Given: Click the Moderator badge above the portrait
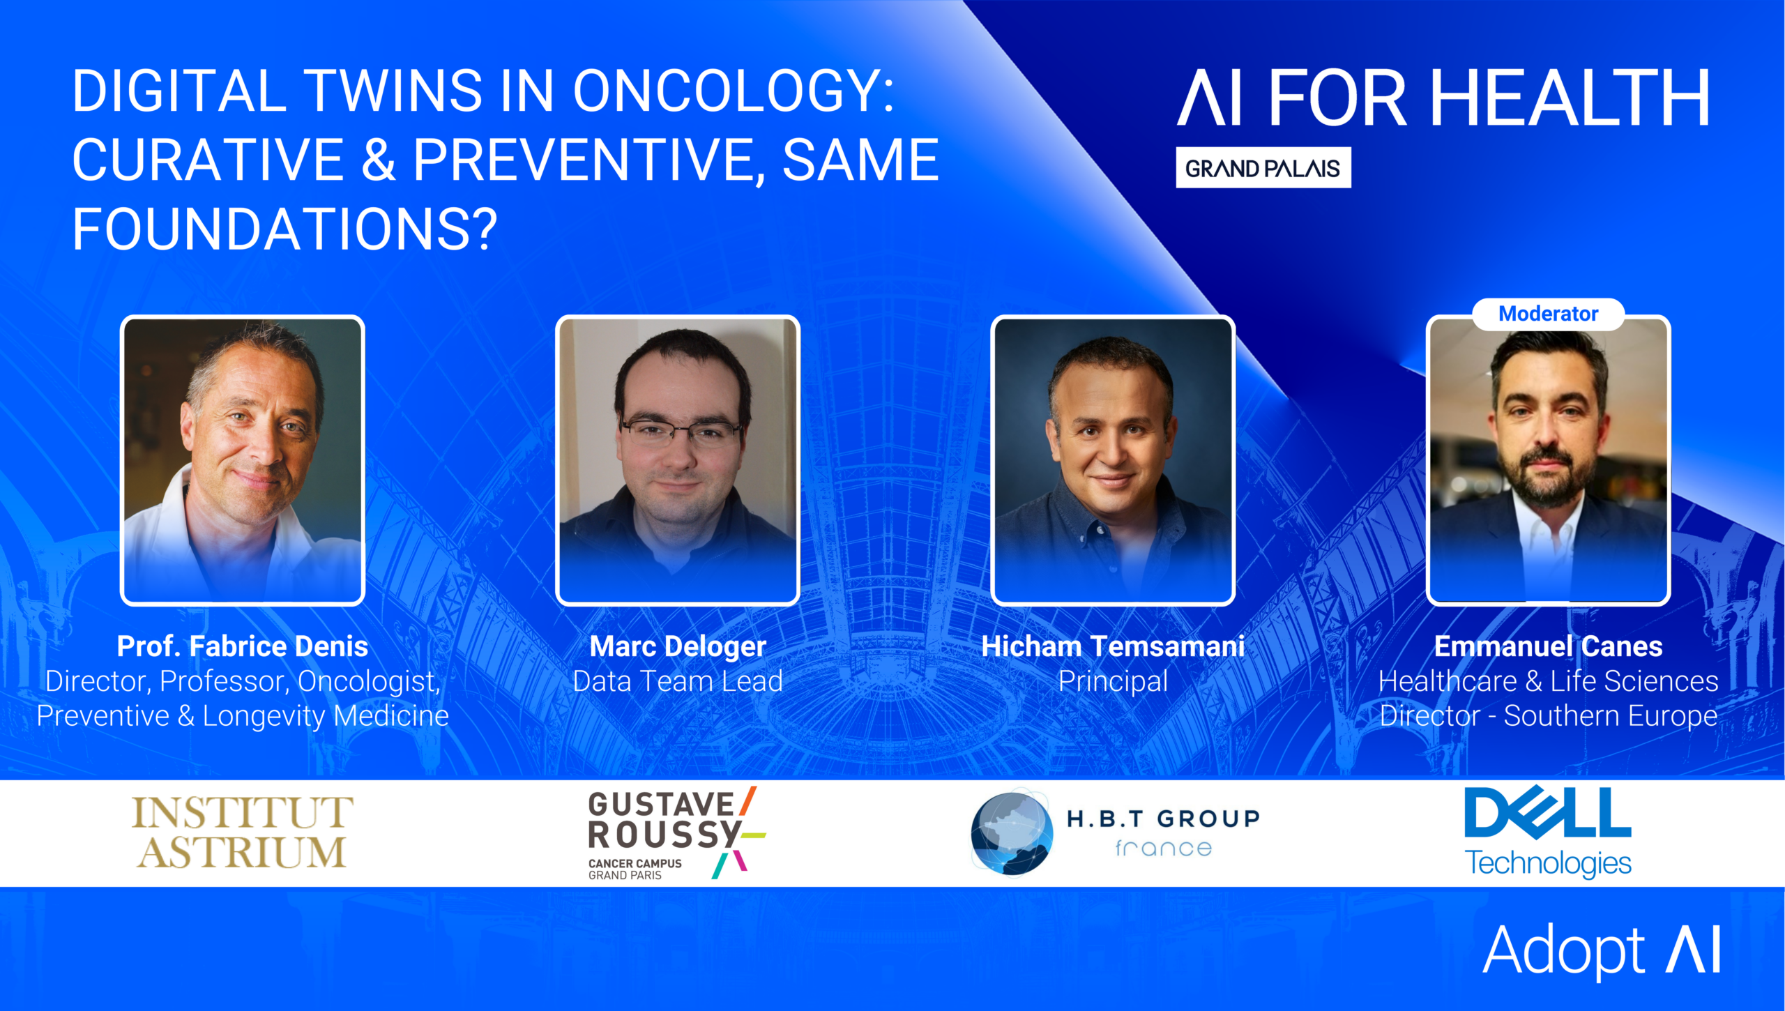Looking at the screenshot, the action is tap(1548, 314).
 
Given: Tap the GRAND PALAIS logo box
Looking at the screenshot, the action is tap(1263, 167).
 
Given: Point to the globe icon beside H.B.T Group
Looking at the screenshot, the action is tap(1012, 833).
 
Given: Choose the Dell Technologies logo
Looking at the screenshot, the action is tap(1548, 832).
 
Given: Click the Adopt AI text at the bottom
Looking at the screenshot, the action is tap(1602, 950).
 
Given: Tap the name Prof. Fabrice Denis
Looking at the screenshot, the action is tap(243, 646).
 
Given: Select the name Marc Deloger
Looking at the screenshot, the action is tap(678, 646).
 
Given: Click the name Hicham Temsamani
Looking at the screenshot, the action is tap(1113, 646).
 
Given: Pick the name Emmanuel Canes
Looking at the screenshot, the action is tap(1548, 646).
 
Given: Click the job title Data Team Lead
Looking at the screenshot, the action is tap(678, 681).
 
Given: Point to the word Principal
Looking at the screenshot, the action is tap(1113, 682).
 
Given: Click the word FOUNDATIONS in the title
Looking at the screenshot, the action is tap(284, 229).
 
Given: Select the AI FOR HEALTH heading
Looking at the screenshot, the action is tap(1443, 98).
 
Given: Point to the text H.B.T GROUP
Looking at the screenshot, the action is tap(1163, 819).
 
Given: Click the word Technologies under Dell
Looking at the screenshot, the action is tap(1548, 863).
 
